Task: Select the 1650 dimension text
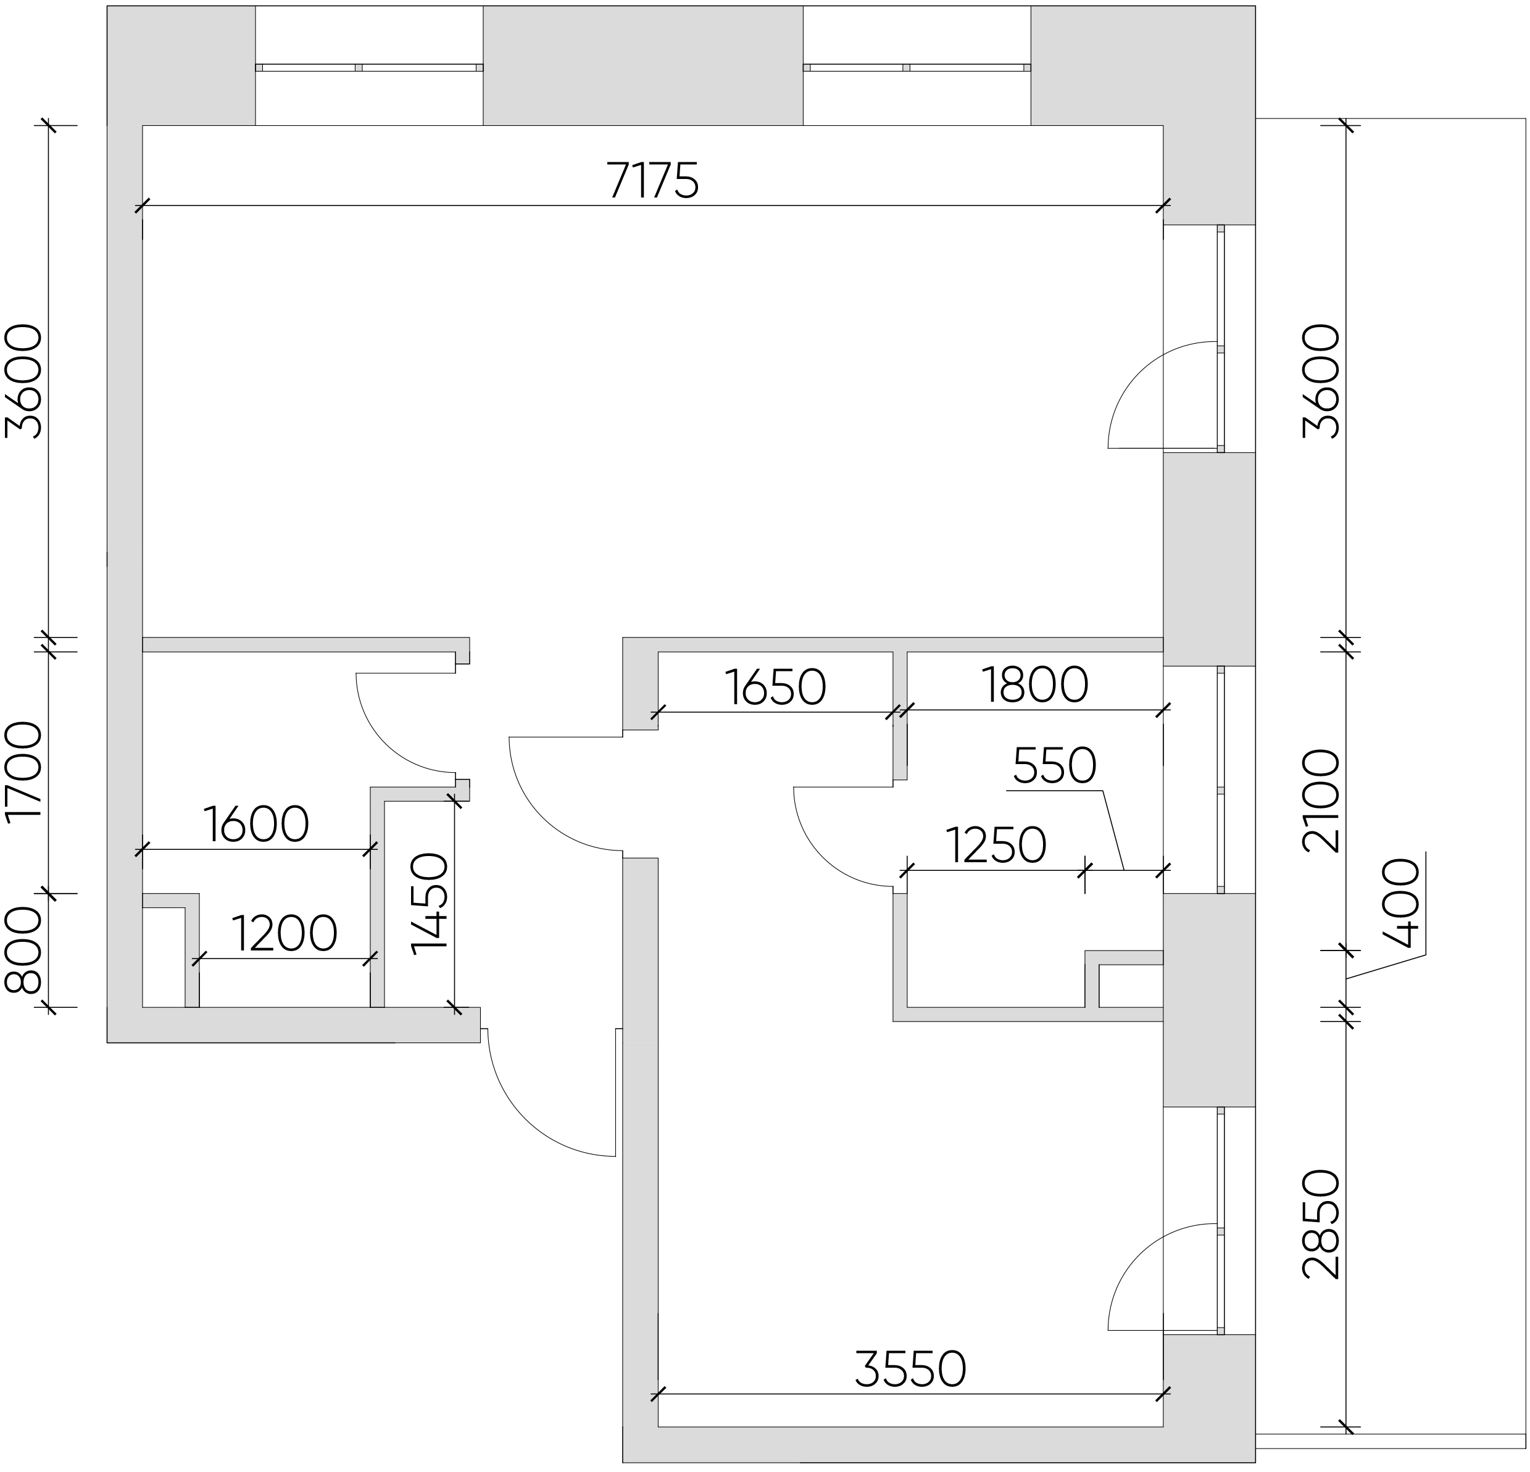point(775,687)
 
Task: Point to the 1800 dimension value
point(1034,684)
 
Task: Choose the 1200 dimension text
point(284,933)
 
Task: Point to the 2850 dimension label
point(1321,1225)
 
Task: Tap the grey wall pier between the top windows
point(643,65)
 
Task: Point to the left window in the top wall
point(369,67)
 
